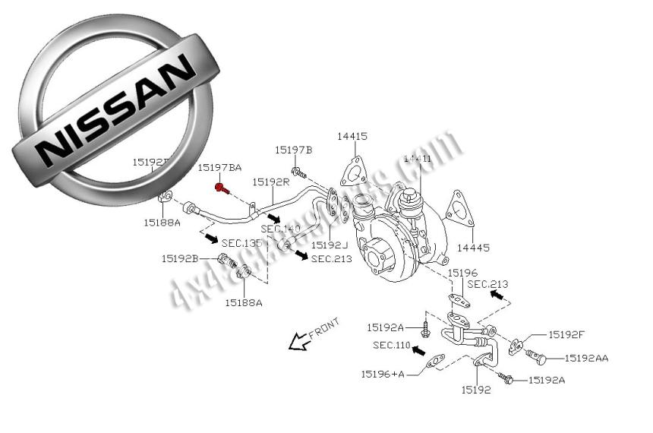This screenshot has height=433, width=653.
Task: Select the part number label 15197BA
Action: click(219, 167)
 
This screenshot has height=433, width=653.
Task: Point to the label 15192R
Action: click(271, 182)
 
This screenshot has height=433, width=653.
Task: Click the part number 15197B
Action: click(293, 150)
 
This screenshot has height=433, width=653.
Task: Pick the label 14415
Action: click(352, 137)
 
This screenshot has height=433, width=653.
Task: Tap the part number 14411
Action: click(417, 158)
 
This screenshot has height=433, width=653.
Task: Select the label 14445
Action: click(472, 248)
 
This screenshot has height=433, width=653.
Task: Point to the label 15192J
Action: click(329, 245)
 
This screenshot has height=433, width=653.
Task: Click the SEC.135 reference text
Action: click(241, 243)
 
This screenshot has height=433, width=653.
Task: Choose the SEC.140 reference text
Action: click(280, 229)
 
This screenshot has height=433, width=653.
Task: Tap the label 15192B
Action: click(179, 259)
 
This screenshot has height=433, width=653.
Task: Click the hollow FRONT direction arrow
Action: click(298, 343)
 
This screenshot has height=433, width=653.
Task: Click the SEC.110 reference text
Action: click(391, 346)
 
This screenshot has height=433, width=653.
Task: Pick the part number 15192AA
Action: click(585, 357)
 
